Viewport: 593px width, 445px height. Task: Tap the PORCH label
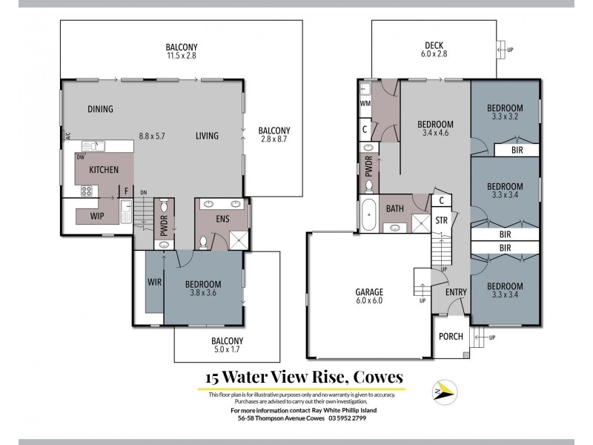451,336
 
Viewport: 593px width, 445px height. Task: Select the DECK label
434,45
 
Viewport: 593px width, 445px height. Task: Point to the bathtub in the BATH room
368,215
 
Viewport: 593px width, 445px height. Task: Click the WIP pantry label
97,216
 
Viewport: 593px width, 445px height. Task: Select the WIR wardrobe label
155,282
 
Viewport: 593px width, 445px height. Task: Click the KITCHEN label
104,170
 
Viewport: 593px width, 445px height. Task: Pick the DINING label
100,109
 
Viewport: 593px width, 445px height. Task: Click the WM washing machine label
365,104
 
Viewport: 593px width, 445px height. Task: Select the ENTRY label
455,291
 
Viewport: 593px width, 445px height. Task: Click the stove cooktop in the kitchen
86,191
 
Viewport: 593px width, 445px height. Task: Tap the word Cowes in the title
377,378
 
